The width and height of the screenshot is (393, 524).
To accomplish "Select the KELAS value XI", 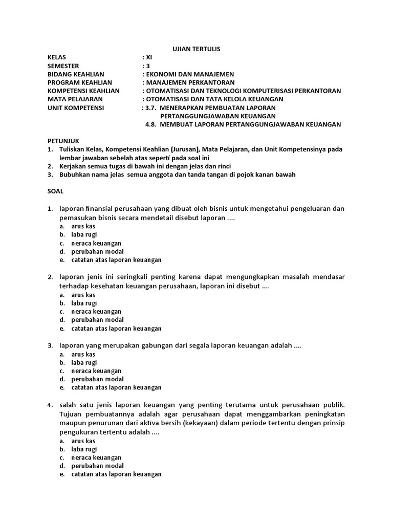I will (148, 57).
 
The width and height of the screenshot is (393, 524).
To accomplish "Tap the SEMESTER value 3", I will (147, 65).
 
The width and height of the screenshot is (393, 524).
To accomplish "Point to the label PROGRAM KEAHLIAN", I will (79, 82).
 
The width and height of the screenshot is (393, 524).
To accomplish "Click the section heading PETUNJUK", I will (63, 141).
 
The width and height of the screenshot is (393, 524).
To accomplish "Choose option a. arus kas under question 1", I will (83, 226).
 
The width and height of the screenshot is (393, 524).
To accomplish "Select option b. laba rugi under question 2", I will (84, 303).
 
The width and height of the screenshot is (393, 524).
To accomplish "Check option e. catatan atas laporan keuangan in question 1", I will (116, 260).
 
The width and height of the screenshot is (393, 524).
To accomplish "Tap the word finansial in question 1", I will (103, 209).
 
